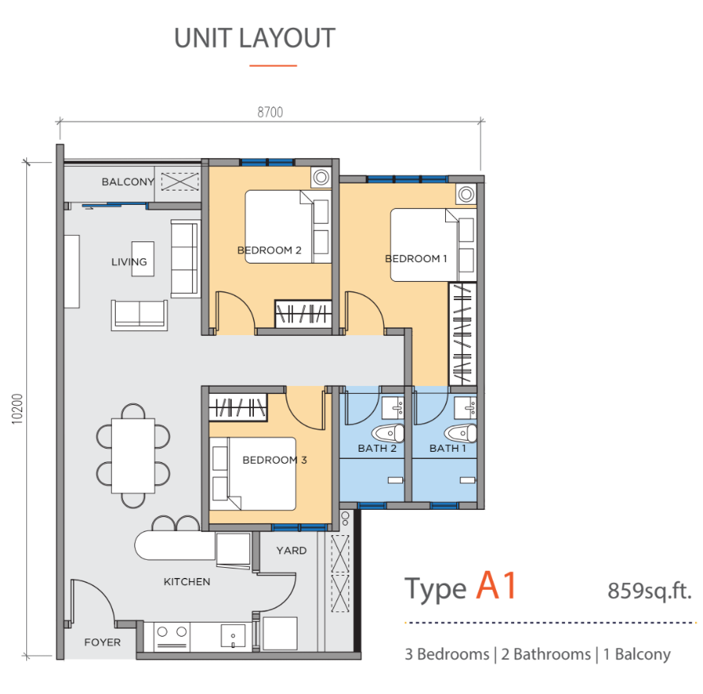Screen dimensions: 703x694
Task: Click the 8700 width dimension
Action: click(270, 112)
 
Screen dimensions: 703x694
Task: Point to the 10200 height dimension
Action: click(17, 409)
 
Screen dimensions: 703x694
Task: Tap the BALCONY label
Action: click(128, 182)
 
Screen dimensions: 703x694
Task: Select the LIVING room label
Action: click(129, 262)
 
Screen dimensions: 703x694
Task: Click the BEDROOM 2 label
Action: click(269, 250)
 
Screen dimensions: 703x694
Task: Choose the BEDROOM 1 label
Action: click(416, 258)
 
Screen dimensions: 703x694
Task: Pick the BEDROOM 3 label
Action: click(275, 460)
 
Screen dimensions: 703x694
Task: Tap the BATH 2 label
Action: click(377, 448)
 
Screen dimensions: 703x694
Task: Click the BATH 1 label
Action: click(448, 448)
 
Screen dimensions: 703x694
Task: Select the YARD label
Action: click(291, 550)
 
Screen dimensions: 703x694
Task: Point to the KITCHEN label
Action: click(187, 582)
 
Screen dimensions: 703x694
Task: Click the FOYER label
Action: click(102, 642)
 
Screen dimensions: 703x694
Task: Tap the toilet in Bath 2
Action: click(388, 434)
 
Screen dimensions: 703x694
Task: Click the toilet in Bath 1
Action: click(460, 434)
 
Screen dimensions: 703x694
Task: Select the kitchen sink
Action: click(233, 636)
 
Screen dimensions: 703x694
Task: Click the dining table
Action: click(133, 456)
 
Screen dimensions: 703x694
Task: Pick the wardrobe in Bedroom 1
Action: click(463, 334)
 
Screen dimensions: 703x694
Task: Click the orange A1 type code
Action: click(497, 585)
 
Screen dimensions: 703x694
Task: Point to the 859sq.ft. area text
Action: click(650, 590)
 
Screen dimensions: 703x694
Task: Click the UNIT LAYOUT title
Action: click(255, 38)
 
